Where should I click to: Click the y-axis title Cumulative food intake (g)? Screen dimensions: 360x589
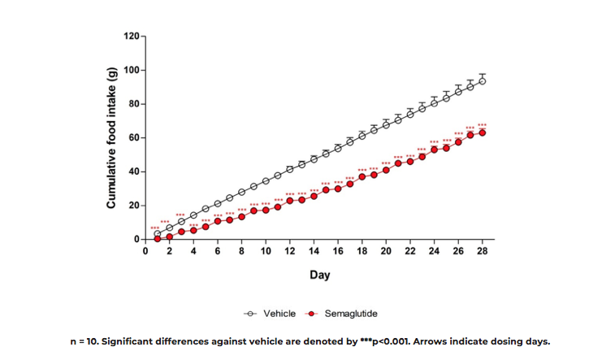click(111, 138)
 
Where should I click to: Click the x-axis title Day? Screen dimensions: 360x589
click(319, 275)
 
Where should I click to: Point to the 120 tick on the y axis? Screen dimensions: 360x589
click(131, 37)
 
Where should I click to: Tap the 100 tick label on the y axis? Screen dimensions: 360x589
click(131, 71)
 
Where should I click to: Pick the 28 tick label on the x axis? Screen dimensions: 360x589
click(483, 251)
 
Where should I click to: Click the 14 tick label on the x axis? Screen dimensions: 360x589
click(314, 251)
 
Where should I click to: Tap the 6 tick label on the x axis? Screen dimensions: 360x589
click(218, 251)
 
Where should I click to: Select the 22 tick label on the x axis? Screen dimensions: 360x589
click(410, 251)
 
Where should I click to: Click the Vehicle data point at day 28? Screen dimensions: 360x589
click(483, 80)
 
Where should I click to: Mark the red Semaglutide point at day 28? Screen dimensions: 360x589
click(483, 132)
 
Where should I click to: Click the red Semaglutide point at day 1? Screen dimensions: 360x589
click(158, 238)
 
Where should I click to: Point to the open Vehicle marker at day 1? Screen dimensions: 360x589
click(158, 234)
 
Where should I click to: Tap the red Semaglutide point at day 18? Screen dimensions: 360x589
click(362, 176)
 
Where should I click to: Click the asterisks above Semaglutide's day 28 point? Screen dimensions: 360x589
click(483, 125)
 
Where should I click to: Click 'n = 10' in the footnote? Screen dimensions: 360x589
click(86, 341)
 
